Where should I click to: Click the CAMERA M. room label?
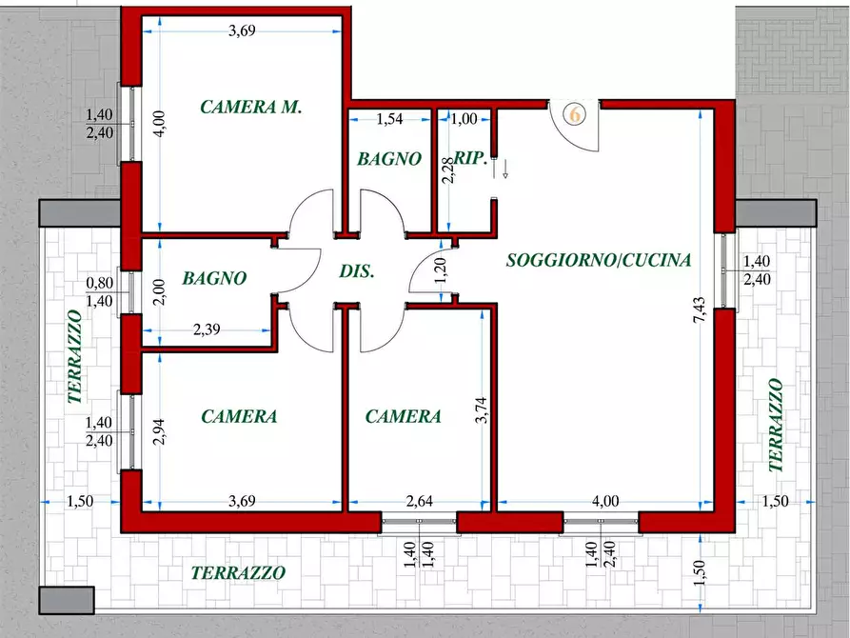coord(250,107)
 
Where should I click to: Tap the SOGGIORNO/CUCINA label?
coord(599,260)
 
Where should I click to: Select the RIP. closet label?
coord(470,158)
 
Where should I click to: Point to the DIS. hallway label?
coord(357,270)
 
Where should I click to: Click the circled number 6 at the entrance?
coord(575,114)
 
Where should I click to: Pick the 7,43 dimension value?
coord(700,309)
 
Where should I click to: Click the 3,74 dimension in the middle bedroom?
coord(481,410)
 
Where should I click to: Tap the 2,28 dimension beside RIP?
coord(447,169)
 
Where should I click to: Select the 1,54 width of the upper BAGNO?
coord(389,118)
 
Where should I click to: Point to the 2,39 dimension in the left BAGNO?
coord(207,329)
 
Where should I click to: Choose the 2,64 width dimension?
coord(420,500)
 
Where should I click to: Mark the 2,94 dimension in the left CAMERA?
coord(158,431)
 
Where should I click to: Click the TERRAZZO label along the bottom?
coord(238,572)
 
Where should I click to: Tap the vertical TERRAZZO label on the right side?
coord(776,425)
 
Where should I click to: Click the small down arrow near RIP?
coord(504,169)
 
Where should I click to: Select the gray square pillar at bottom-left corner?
coord(67,600)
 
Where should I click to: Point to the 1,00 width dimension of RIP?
coord(465,118)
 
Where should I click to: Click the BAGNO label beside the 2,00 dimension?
coord(215,278)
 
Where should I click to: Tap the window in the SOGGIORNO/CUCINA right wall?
coord(725,269)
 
